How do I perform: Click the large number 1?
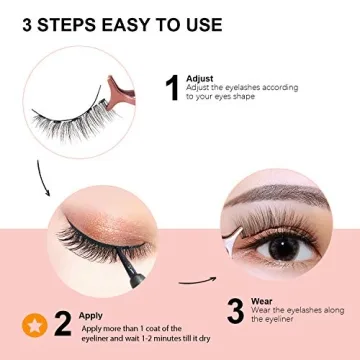171,90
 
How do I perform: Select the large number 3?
235,310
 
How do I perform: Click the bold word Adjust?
199,79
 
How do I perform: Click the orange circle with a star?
32,324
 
